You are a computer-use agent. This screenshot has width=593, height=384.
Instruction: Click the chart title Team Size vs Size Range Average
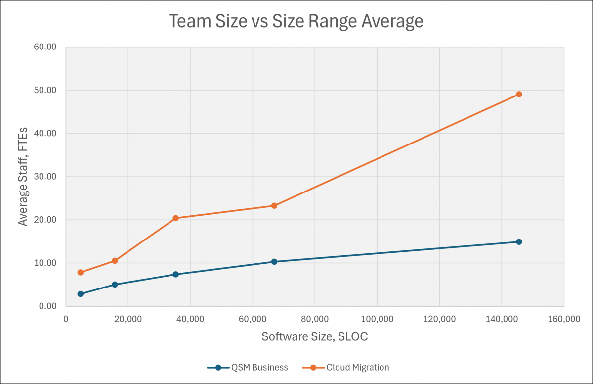click(x=296, y=21)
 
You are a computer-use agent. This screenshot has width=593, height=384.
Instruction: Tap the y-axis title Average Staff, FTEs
click(x=23, y=176)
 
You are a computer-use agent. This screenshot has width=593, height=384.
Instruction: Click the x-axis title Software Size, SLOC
click(x=315, y=337)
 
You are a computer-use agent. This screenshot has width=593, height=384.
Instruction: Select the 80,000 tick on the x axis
click(x=315, y=319)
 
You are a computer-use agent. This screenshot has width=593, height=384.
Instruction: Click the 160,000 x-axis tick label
click(x=564, y=319)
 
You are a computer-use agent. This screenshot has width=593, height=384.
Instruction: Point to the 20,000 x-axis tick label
click(x=128, y=319)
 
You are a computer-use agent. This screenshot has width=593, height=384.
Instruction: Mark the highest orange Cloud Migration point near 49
click(x=519, y=94)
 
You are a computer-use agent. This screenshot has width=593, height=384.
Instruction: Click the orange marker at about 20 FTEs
click(x=175, y=218)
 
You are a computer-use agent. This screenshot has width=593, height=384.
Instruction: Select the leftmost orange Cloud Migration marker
click(x=81, y=272)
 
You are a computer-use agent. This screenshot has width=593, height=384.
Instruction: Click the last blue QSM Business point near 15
click(x=519, y=242)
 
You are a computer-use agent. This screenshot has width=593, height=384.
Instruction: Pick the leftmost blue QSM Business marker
click(x=81, y=294)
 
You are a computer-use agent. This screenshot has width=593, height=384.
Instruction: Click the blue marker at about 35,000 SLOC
click(x=175, y=274)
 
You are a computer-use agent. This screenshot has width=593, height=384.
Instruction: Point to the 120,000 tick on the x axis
click(x=439, y=319)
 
